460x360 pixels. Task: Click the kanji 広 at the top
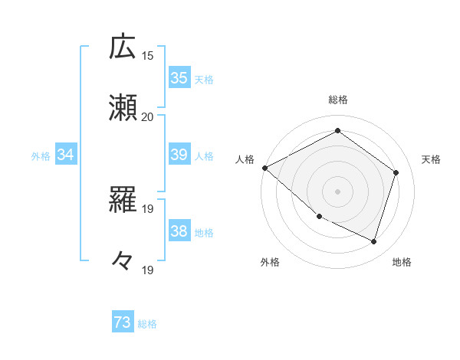[123, 47]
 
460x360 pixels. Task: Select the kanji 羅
[123, 201]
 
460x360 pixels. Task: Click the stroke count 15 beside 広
[148, 55]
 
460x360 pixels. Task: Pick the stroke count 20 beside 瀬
[148, 116]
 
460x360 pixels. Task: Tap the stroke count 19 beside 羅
[148, 208]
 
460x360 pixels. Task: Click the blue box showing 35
[179, 78]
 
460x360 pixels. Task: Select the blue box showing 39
[179, 155]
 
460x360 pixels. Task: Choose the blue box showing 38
[179, 231]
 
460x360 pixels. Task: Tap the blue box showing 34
[66, 155]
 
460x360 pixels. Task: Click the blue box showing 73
[123, 323]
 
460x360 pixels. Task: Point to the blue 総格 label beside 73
[147, 324]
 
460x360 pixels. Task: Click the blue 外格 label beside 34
[41, 155]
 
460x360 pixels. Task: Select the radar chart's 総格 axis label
[337, 100]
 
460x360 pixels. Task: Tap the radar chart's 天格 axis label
[431, 159]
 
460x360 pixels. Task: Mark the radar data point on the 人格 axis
[264, 168]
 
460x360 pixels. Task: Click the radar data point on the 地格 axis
[374, 242]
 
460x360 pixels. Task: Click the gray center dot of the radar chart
[337, 191]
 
